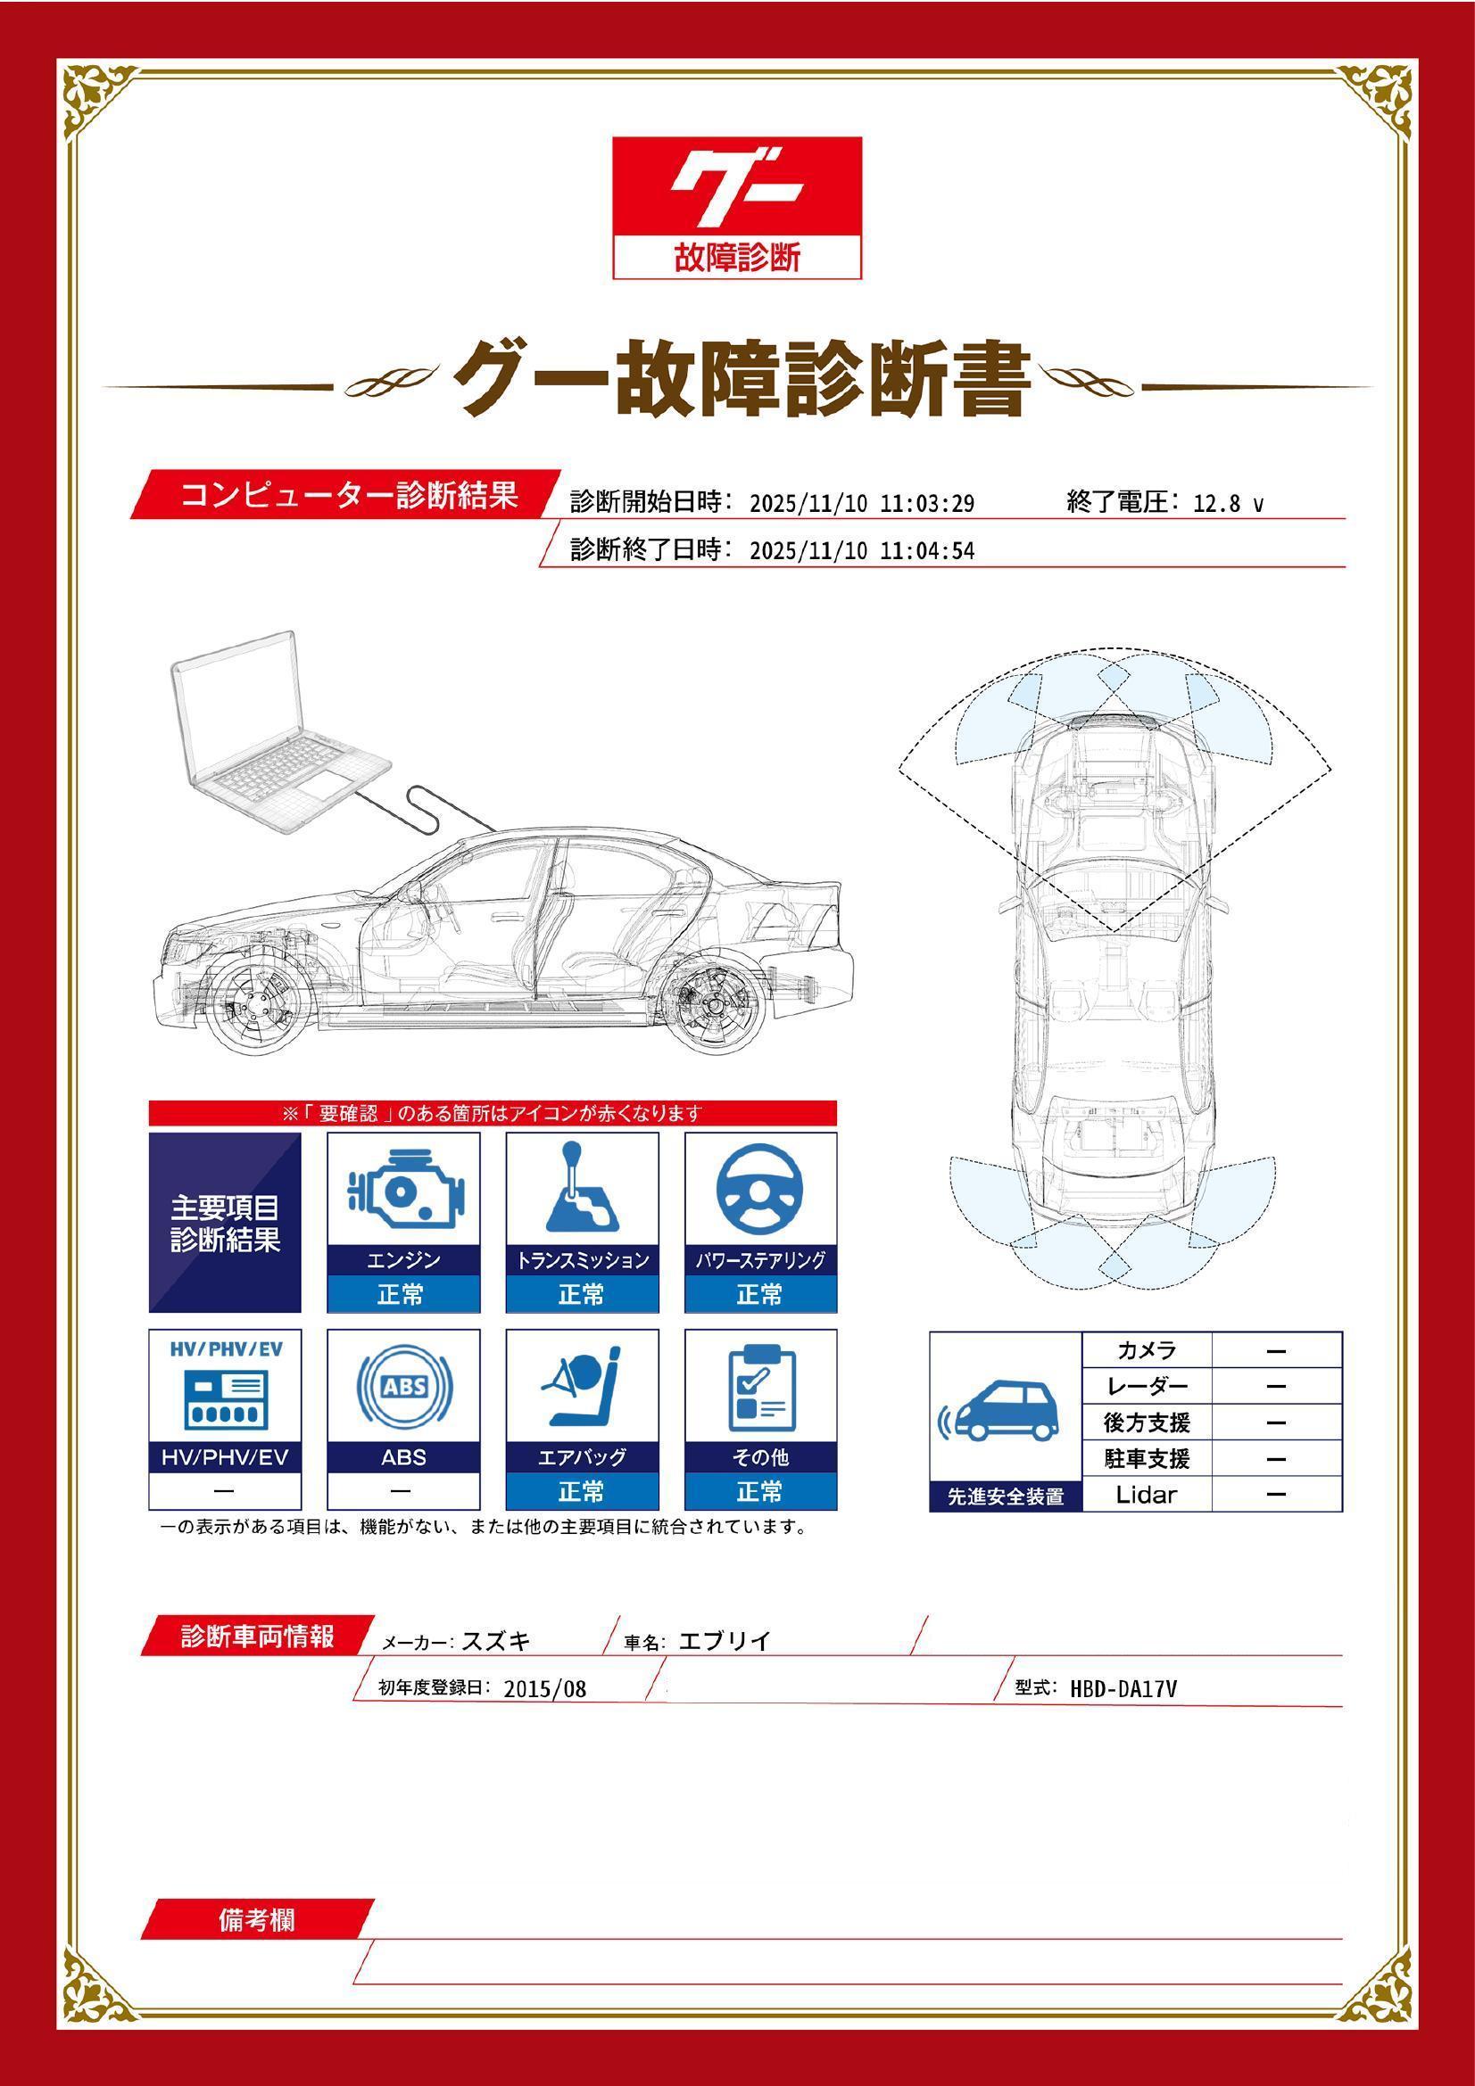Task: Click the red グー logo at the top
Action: [736, 187]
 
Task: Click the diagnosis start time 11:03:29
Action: [927, 503]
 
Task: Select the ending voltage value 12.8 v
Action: [1228, 503]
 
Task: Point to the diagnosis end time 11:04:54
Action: [927, 550]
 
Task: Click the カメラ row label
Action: [1146, 1350]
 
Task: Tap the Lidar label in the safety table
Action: [1146, 1495]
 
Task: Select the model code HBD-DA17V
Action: [1123, 1688]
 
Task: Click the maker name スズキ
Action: [496, 1641]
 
